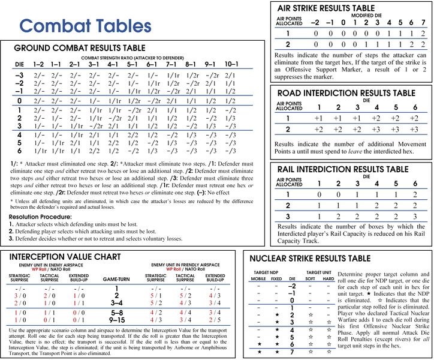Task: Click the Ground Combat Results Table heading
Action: click(x=79, y=47)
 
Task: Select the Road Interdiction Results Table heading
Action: click(x=346, y=93)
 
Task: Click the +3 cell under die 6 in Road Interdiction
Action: click(x=413, y=129)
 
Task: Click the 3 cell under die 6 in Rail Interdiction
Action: click(x=413, y=216)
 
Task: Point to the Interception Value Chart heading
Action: click(x=72, y=257)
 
